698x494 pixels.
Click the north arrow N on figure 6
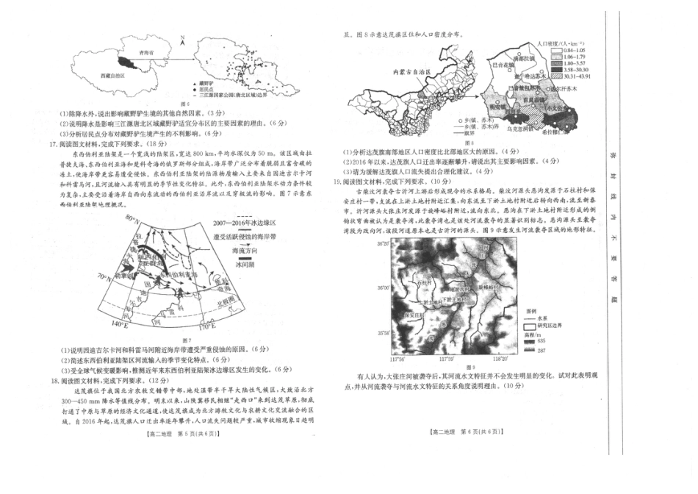click(x=181, y=36)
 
